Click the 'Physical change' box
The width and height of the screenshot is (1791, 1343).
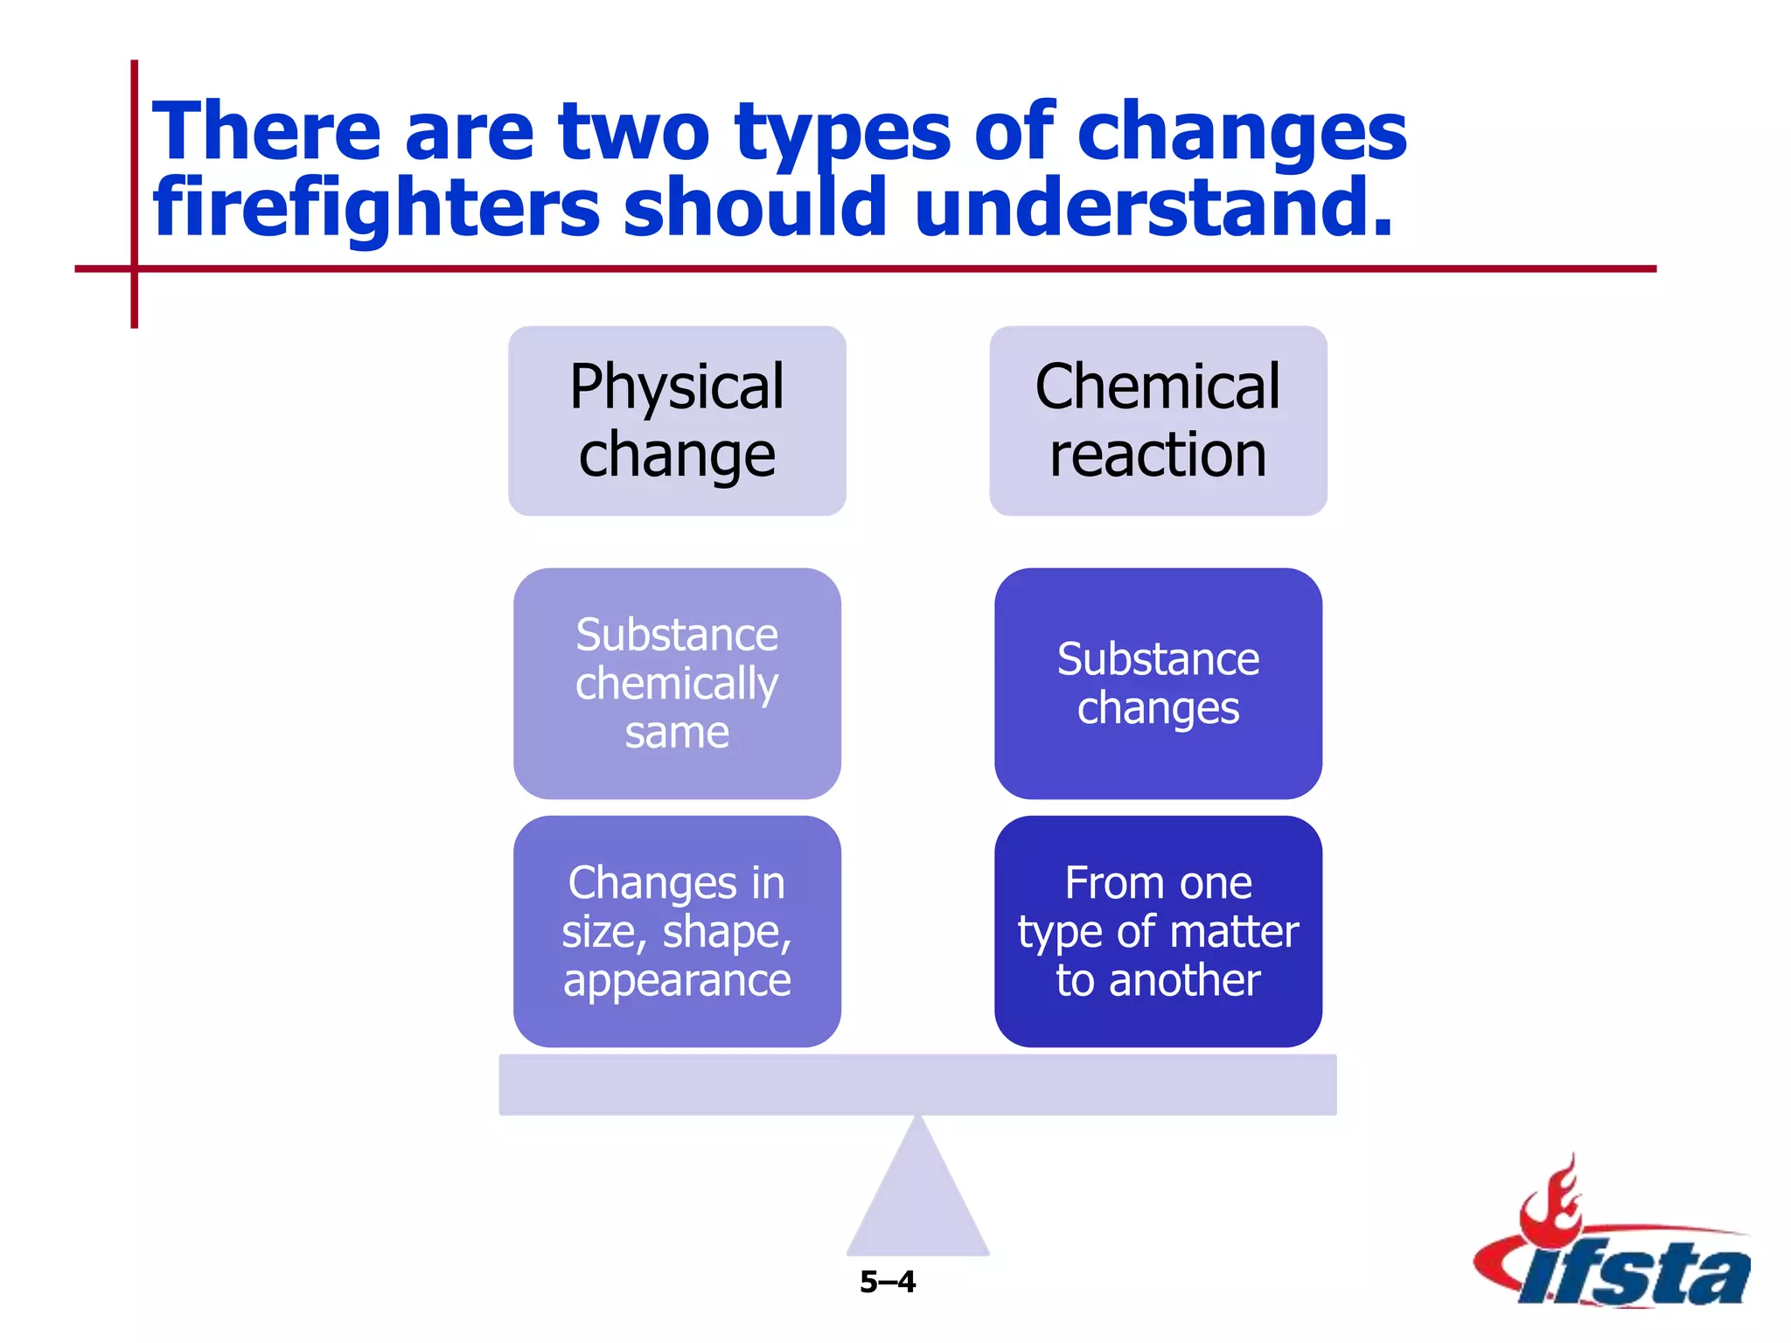click(677, 421)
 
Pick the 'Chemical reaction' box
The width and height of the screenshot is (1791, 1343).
click(1158, 421)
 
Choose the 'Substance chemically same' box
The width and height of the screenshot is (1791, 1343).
click(677, 683)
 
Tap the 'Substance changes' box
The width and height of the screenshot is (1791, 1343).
click(1158, 683)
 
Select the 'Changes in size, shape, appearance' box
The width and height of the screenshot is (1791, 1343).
click(677, 931)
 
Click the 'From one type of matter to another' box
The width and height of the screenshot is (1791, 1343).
click(1158, 931)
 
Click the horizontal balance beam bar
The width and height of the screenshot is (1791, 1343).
click(917, 1084)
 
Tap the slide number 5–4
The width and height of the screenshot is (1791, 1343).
click(887, 1282)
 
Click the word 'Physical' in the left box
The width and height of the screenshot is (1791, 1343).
click(677, 386)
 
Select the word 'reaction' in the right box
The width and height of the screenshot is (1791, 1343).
click(1158, 455)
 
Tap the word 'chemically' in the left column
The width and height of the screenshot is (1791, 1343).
click(677, 684)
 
